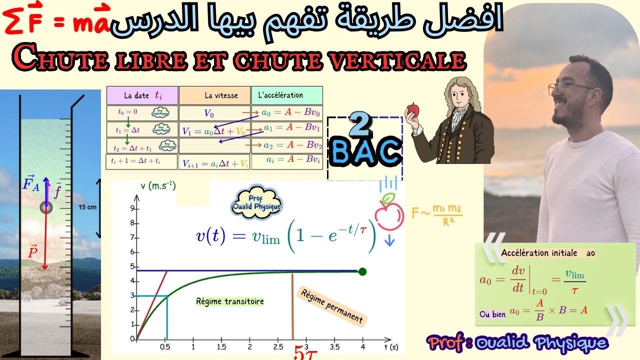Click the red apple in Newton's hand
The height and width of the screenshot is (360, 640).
click(x=413, y=109)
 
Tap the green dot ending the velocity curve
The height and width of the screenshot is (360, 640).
click(x=362, y=271)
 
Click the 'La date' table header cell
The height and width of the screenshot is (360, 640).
click(x=142, y=95)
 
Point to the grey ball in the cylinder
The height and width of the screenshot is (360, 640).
click(x=46, y=207)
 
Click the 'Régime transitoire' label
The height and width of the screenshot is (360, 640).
click(x=230, y=301)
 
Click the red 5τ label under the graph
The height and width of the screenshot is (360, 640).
click(x=304, y=352)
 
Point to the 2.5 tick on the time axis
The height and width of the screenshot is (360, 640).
click(x=278, y=346)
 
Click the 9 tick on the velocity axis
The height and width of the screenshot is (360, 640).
click(x=131, y=208)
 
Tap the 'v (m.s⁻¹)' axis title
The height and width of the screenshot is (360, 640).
click(x=158, y=186)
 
